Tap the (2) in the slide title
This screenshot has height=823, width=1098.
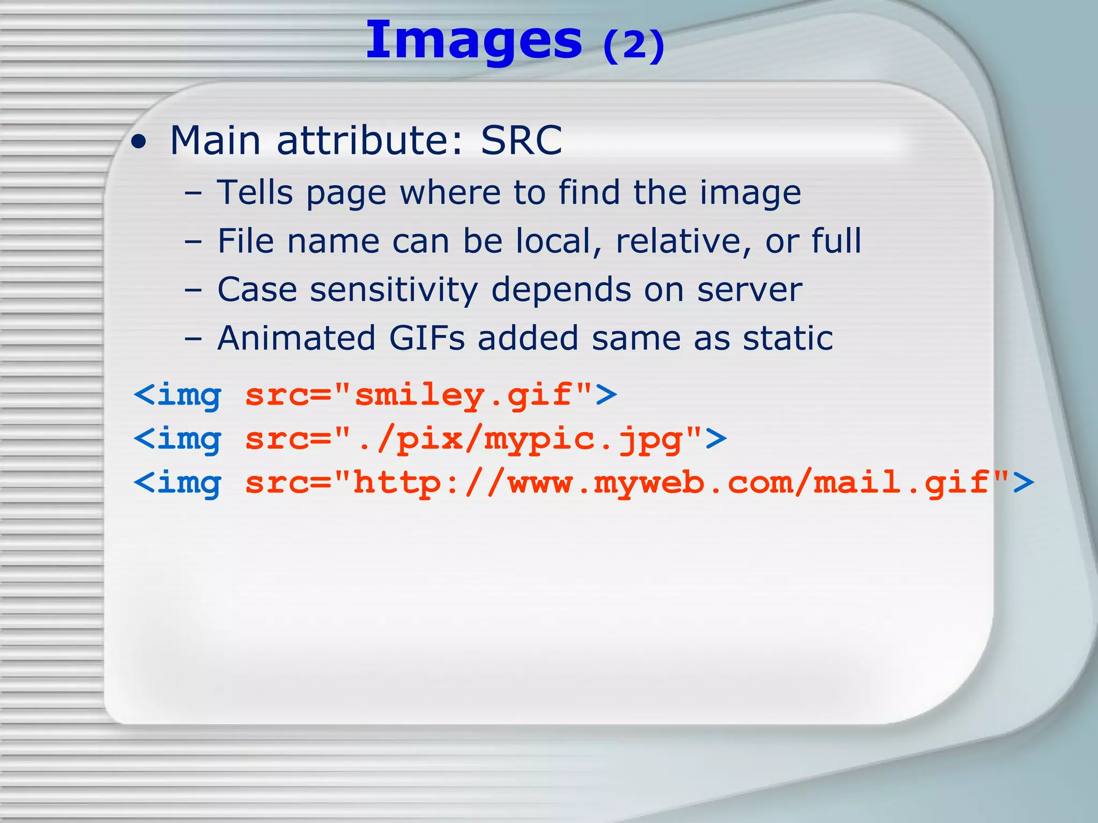(x=634, y=46)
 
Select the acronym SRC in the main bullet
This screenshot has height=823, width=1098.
(x=521, y=140)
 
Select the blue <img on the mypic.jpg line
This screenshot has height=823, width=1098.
(x=177, y=439)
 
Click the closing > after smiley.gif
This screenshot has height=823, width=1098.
(x=606, y=395)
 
